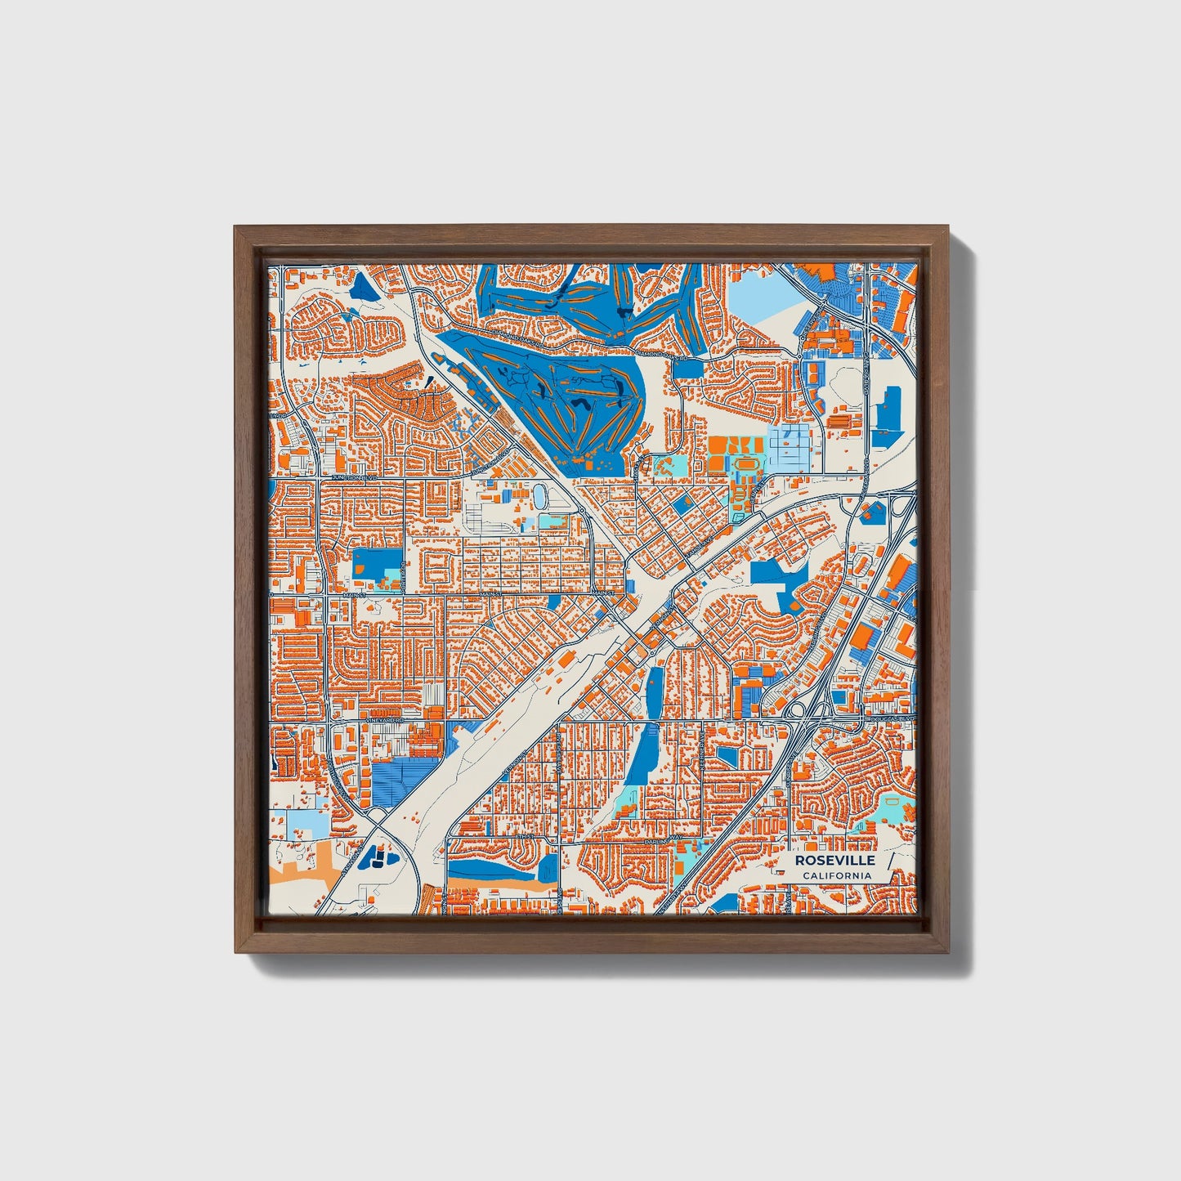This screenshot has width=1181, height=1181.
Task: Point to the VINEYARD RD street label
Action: (386, 722)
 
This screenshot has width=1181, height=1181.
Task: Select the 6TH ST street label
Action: (524, 838)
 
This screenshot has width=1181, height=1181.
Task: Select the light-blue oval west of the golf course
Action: (540, 495)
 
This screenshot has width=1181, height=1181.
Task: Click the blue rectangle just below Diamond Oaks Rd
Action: (688, 369)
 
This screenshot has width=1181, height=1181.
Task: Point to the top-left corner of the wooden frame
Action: (235, 226)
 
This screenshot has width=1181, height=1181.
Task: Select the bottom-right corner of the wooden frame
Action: (946, 953)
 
